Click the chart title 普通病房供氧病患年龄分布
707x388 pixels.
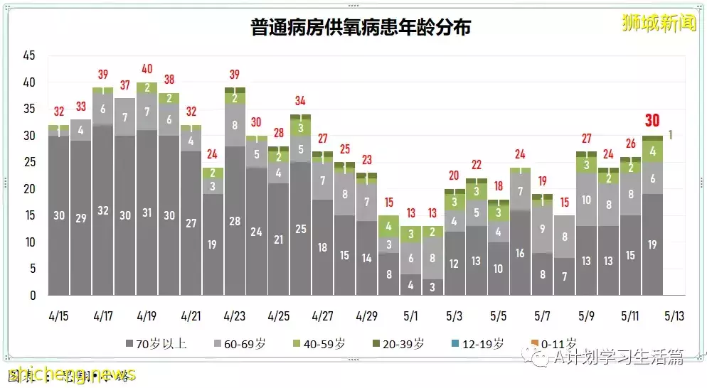click(361, 28)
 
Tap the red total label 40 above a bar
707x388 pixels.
click(147, 69)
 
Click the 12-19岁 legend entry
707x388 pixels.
click(478, 344)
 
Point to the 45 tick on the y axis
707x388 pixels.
click(29, 55)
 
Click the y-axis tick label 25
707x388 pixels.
click(29, 162)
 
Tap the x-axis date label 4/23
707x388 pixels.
click(235, 315)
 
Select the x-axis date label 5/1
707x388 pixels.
click(410, 315)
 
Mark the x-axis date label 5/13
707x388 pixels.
click(674, 315)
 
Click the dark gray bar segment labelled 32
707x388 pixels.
click(103, 210)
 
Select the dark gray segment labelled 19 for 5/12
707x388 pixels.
click(652, 244)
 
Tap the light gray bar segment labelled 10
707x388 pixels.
click(587, 200)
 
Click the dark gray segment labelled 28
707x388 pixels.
click(235, 221)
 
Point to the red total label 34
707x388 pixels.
click(300, 100)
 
